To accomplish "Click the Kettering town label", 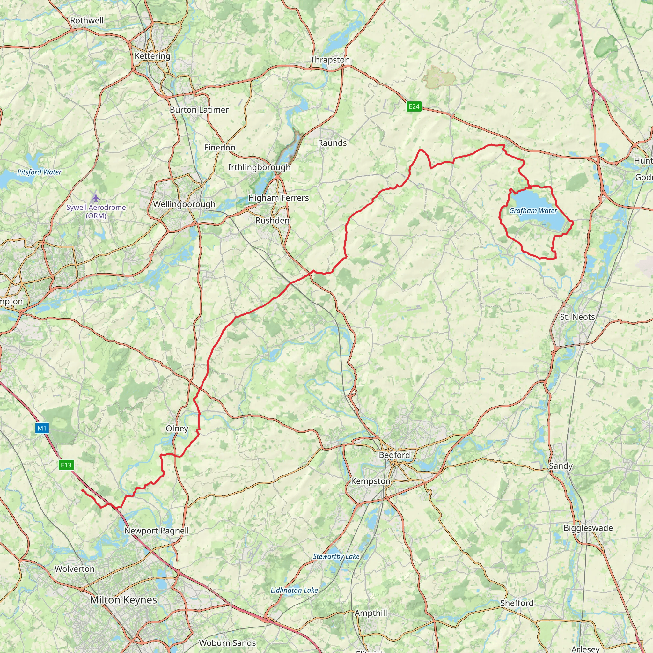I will [152, 56].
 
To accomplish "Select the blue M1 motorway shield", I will [42, 429].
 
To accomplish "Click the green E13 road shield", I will [66, 465].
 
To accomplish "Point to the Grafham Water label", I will [533, 211].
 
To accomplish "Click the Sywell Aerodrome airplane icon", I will [96, 197].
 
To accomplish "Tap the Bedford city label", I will [394, 455].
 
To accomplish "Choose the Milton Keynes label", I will [123, 600].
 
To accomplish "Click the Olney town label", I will [177, 429].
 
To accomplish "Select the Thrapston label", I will [330, 60].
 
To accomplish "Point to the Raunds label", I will [332, 143].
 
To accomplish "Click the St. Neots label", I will [577, 317].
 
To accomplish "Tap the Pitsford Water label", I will [39, 172].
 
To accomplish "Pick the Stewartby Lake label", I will [336, 556].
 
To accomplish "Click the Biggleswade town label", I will [588, 528].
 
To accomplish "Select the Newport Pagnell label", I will [156, 531].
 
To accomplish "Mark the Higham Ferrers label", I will [278, 198].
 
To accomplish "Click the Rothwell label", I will [87, 21].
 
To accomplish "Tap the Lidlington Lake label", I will [294, 590].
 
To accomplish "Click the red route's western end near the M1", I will [83, 490].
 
